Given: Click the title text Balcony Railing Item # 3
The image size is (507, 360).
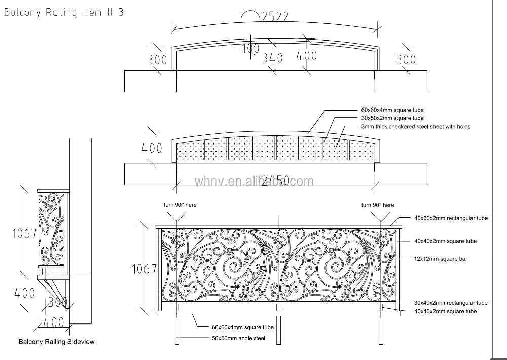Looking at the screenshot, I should coord(64,13).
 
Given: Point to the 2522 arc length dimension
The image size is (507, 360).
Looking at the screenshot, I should coord(275,17).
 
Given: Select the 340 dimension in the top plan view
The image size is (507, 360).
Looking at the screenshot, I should coord(272,58).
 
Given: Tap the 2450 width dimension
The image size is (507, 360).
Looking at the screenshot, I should coord(275,180).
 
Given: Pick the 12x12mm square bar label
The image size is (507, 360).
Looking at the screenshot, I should coord(441,259).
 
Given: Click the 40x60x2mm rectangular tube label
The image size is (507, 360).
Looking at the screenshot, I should coord(451,218).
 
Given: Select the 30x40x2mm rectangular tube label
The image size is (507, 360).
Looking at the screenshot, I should coord(451,303).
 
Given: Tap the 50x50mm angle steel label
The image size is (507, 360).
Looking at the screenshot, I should coord(238,338).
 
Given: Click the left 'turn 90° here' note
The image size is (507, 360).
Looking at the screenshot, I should coord(179,205).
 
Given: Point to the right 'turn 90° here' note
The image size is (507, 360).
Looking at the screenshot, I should coord(377,205).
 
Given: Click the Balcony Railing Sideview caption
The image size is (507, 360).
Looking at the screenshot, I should coord(57,342).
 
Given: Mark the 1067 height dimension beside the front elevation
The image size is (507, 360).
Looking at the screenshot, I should coord(144,269).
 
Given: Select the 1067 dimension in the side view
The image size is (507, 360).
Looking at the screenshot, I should coord(24,233).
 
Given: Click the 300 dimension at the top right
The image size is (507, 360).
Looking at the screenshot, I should coord(406,60).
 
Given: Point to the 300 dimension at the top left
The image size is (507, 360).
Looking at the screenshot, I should coord(157,60).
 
